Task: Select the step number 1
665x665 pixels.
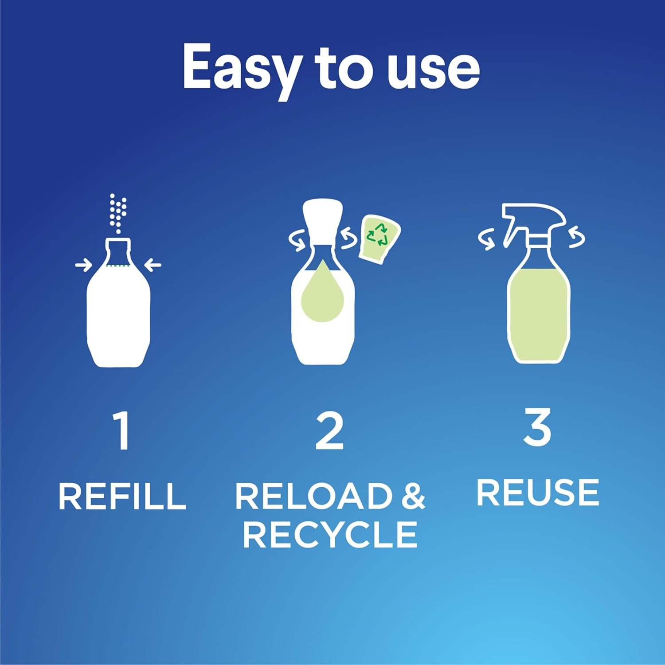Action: click(121, 430)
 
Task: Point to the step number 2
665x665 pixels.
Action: click(329, 430)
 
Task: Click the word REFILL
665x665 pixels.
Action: click(122, 496)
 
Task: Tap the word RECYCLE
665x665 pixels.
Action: click(330, 534)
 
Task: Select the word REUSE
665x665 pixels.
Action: click(538, 492)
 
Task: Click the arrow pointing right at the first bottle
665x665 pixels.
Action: click(83, 265)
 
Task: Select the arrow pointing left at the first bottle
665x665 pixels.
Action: click(153, 265)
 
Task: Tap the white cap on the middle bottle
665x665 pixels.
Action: click(322, 219)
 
